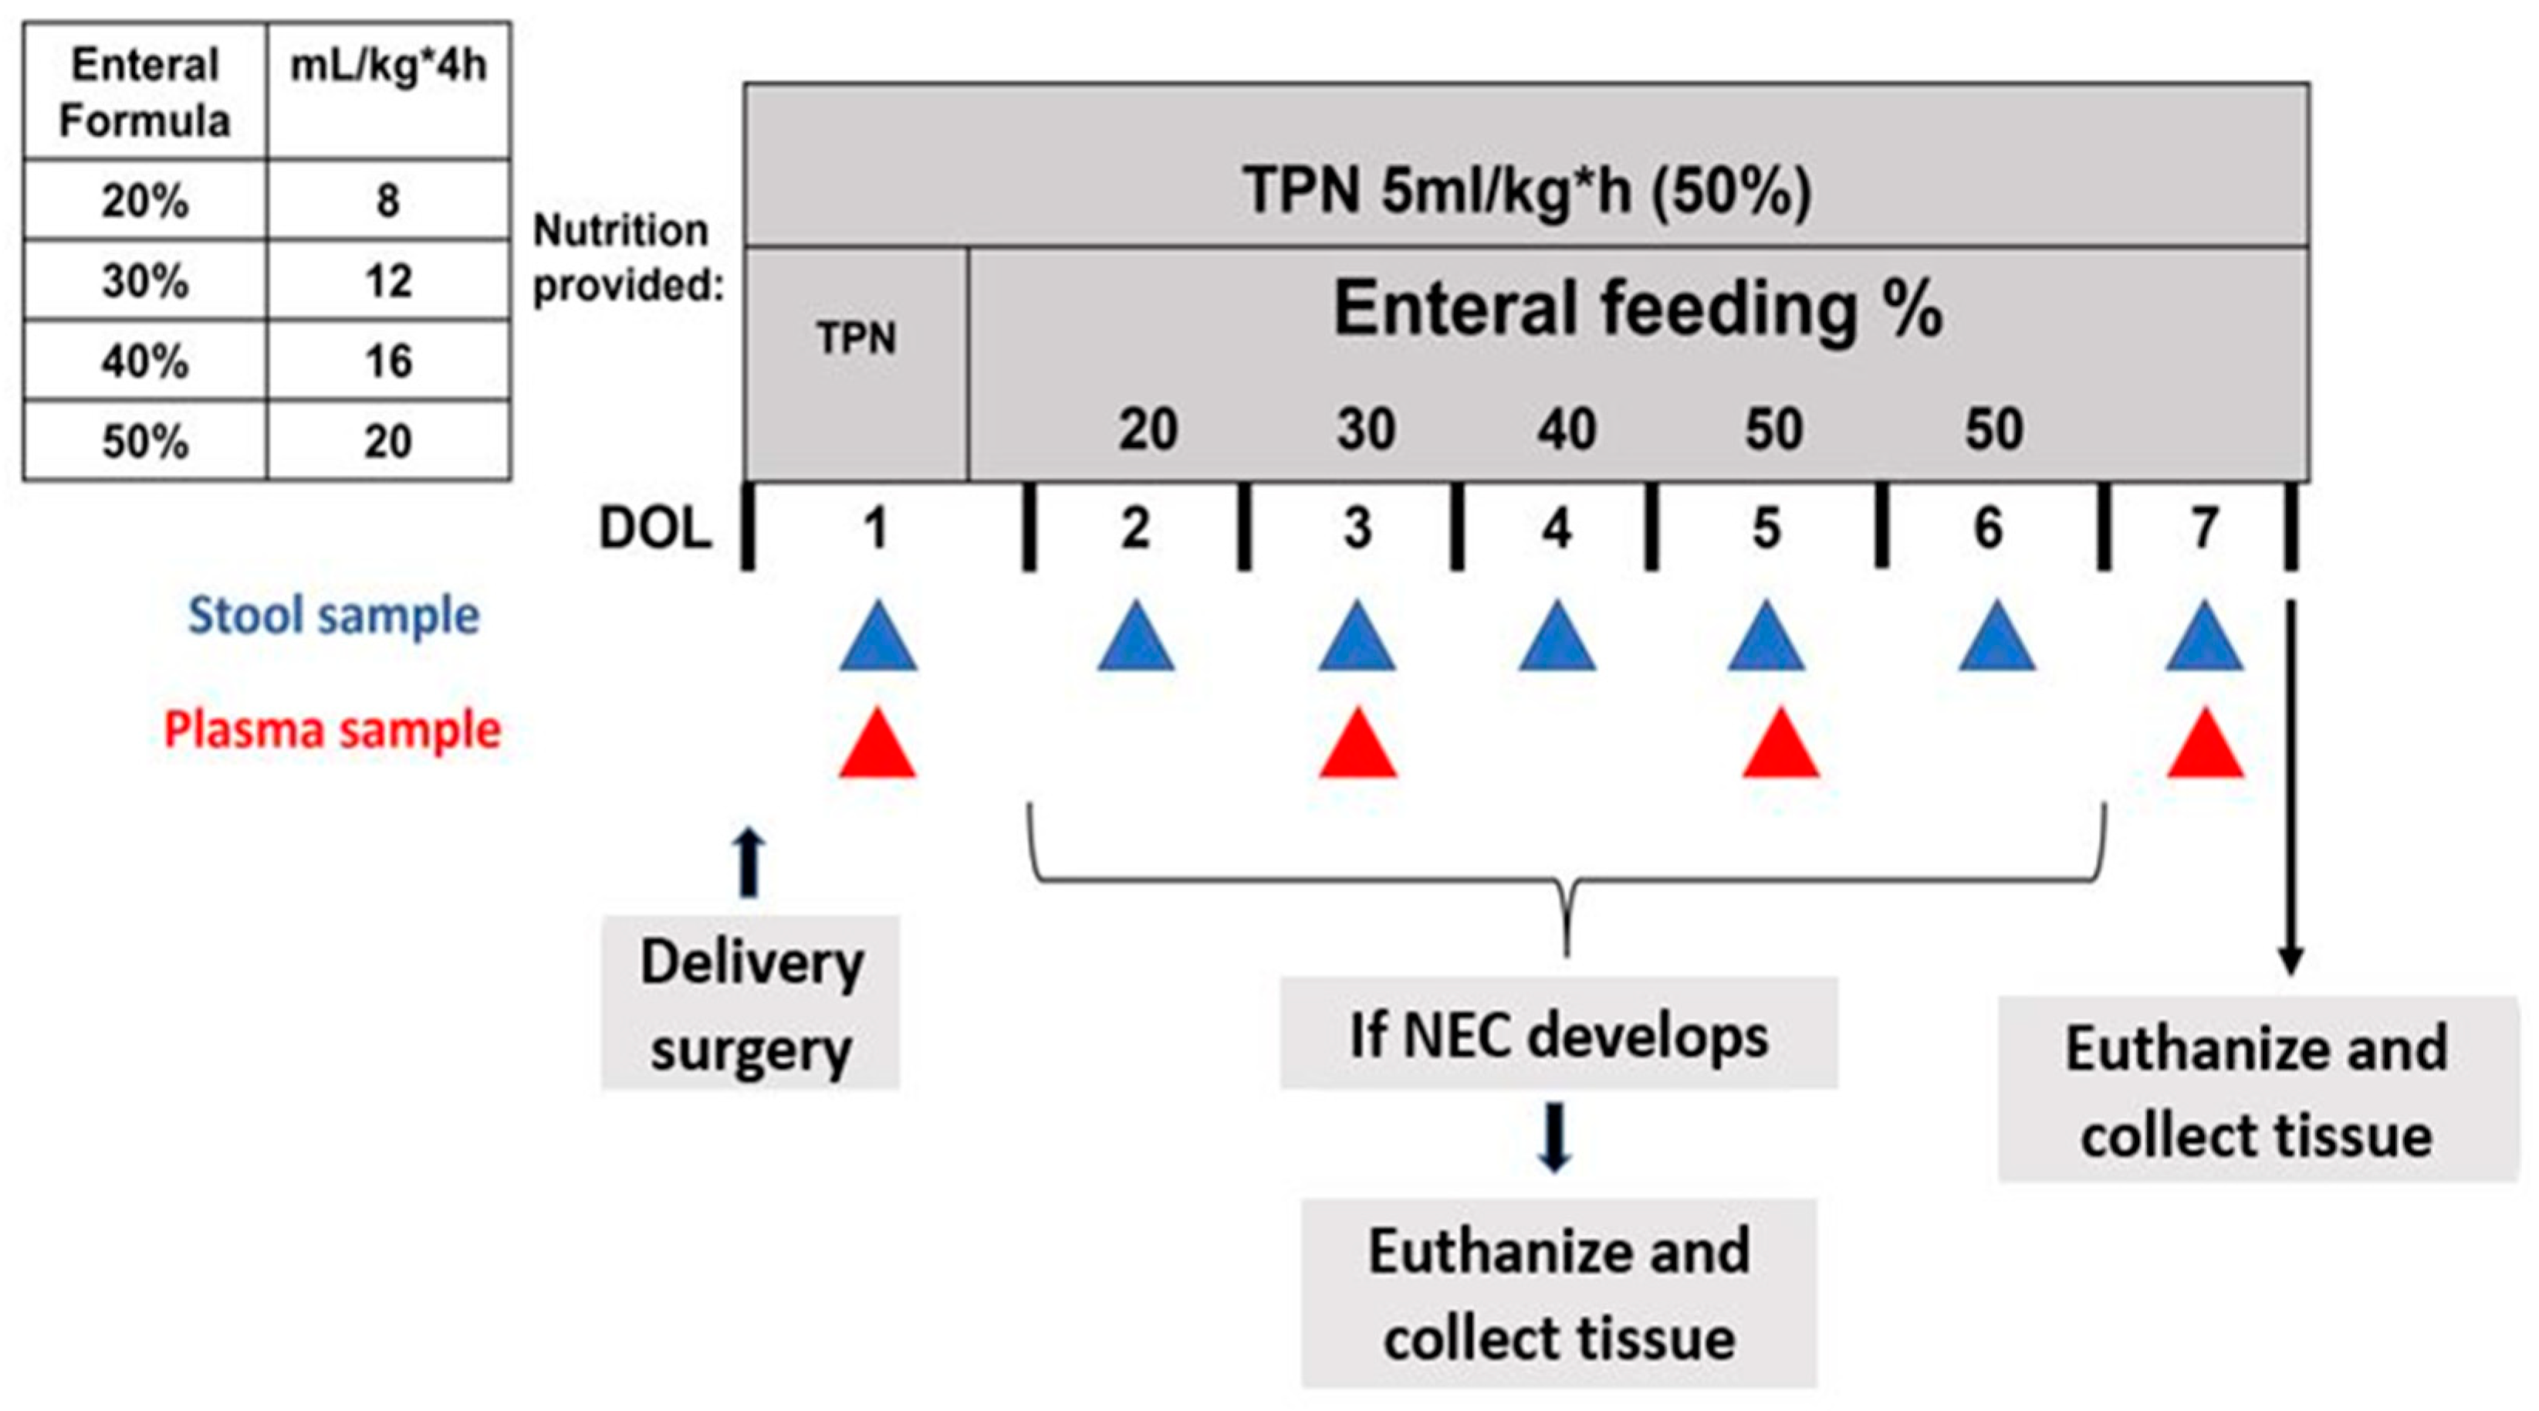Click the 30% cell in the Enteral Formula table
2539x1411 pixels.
(x=145, y=281)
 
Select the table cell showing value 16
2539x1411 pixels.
(x=387, y=361)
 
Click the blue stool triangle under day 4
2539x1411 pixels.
(x=1557, y=641)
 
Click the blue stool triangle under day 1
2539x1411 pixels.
(x=877, y=641)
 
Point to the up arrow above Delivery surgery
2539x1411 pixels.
(x=750, y=863)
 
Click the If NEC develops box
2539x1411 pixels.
(x=1558, y=1034)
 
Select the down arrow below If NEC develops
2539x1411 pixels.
(x=1554, y=1139)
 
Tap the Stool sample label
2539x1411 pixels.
(x=333, y=616)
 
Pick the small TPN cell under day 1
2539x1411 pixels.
(x=856, y=339)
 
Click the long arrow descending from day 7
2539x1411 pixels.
(x=2291, y=789)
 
